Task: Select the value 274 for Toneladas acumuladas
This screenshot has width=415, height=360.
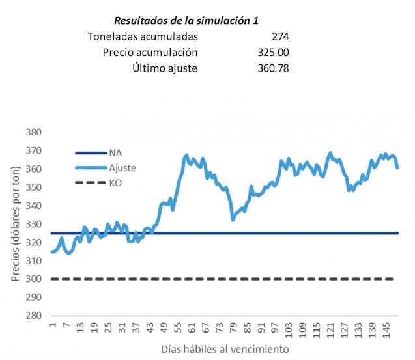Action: tap(281, 36)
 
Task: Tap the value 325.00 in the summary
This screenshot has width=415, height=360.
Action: tap(274, 52)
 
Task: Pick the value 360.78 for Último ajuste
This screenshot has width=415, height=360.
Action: tap(274, 68)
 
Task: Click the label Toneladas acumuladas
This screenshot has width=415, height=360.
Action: tap(143, 36)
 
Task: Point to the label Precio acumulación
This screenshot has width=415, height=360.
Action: tap(150, 52)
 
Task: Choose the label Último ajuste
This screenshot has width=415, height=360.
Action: tap(165, 68)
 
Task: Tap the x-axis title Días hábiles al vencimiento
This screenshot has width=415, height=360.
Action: tap(225, 350)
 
